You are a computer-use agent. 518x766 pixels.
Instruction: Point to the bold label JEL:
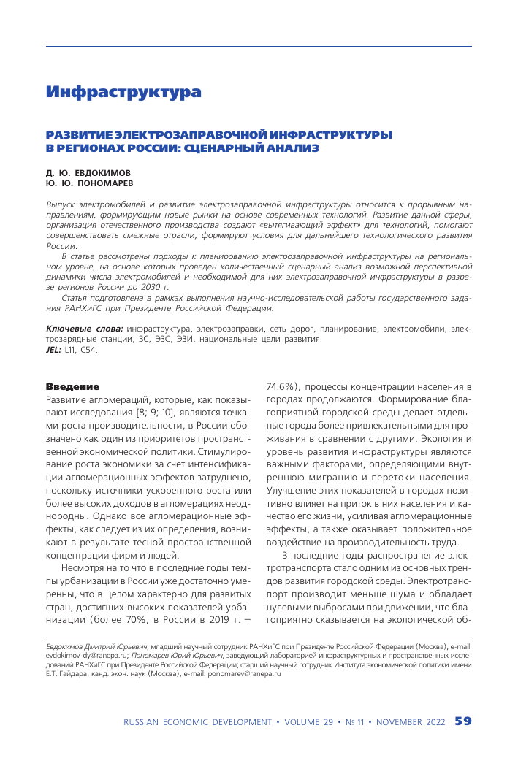click(54, 350)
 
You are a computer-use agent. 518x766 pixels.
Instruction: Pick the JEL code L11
click(71, 350)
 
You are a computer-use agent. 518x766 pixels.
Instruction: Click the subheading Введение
click(72, 386)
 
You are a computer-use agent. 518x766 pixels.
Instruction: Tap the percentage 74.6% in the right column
click(279, 386)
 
